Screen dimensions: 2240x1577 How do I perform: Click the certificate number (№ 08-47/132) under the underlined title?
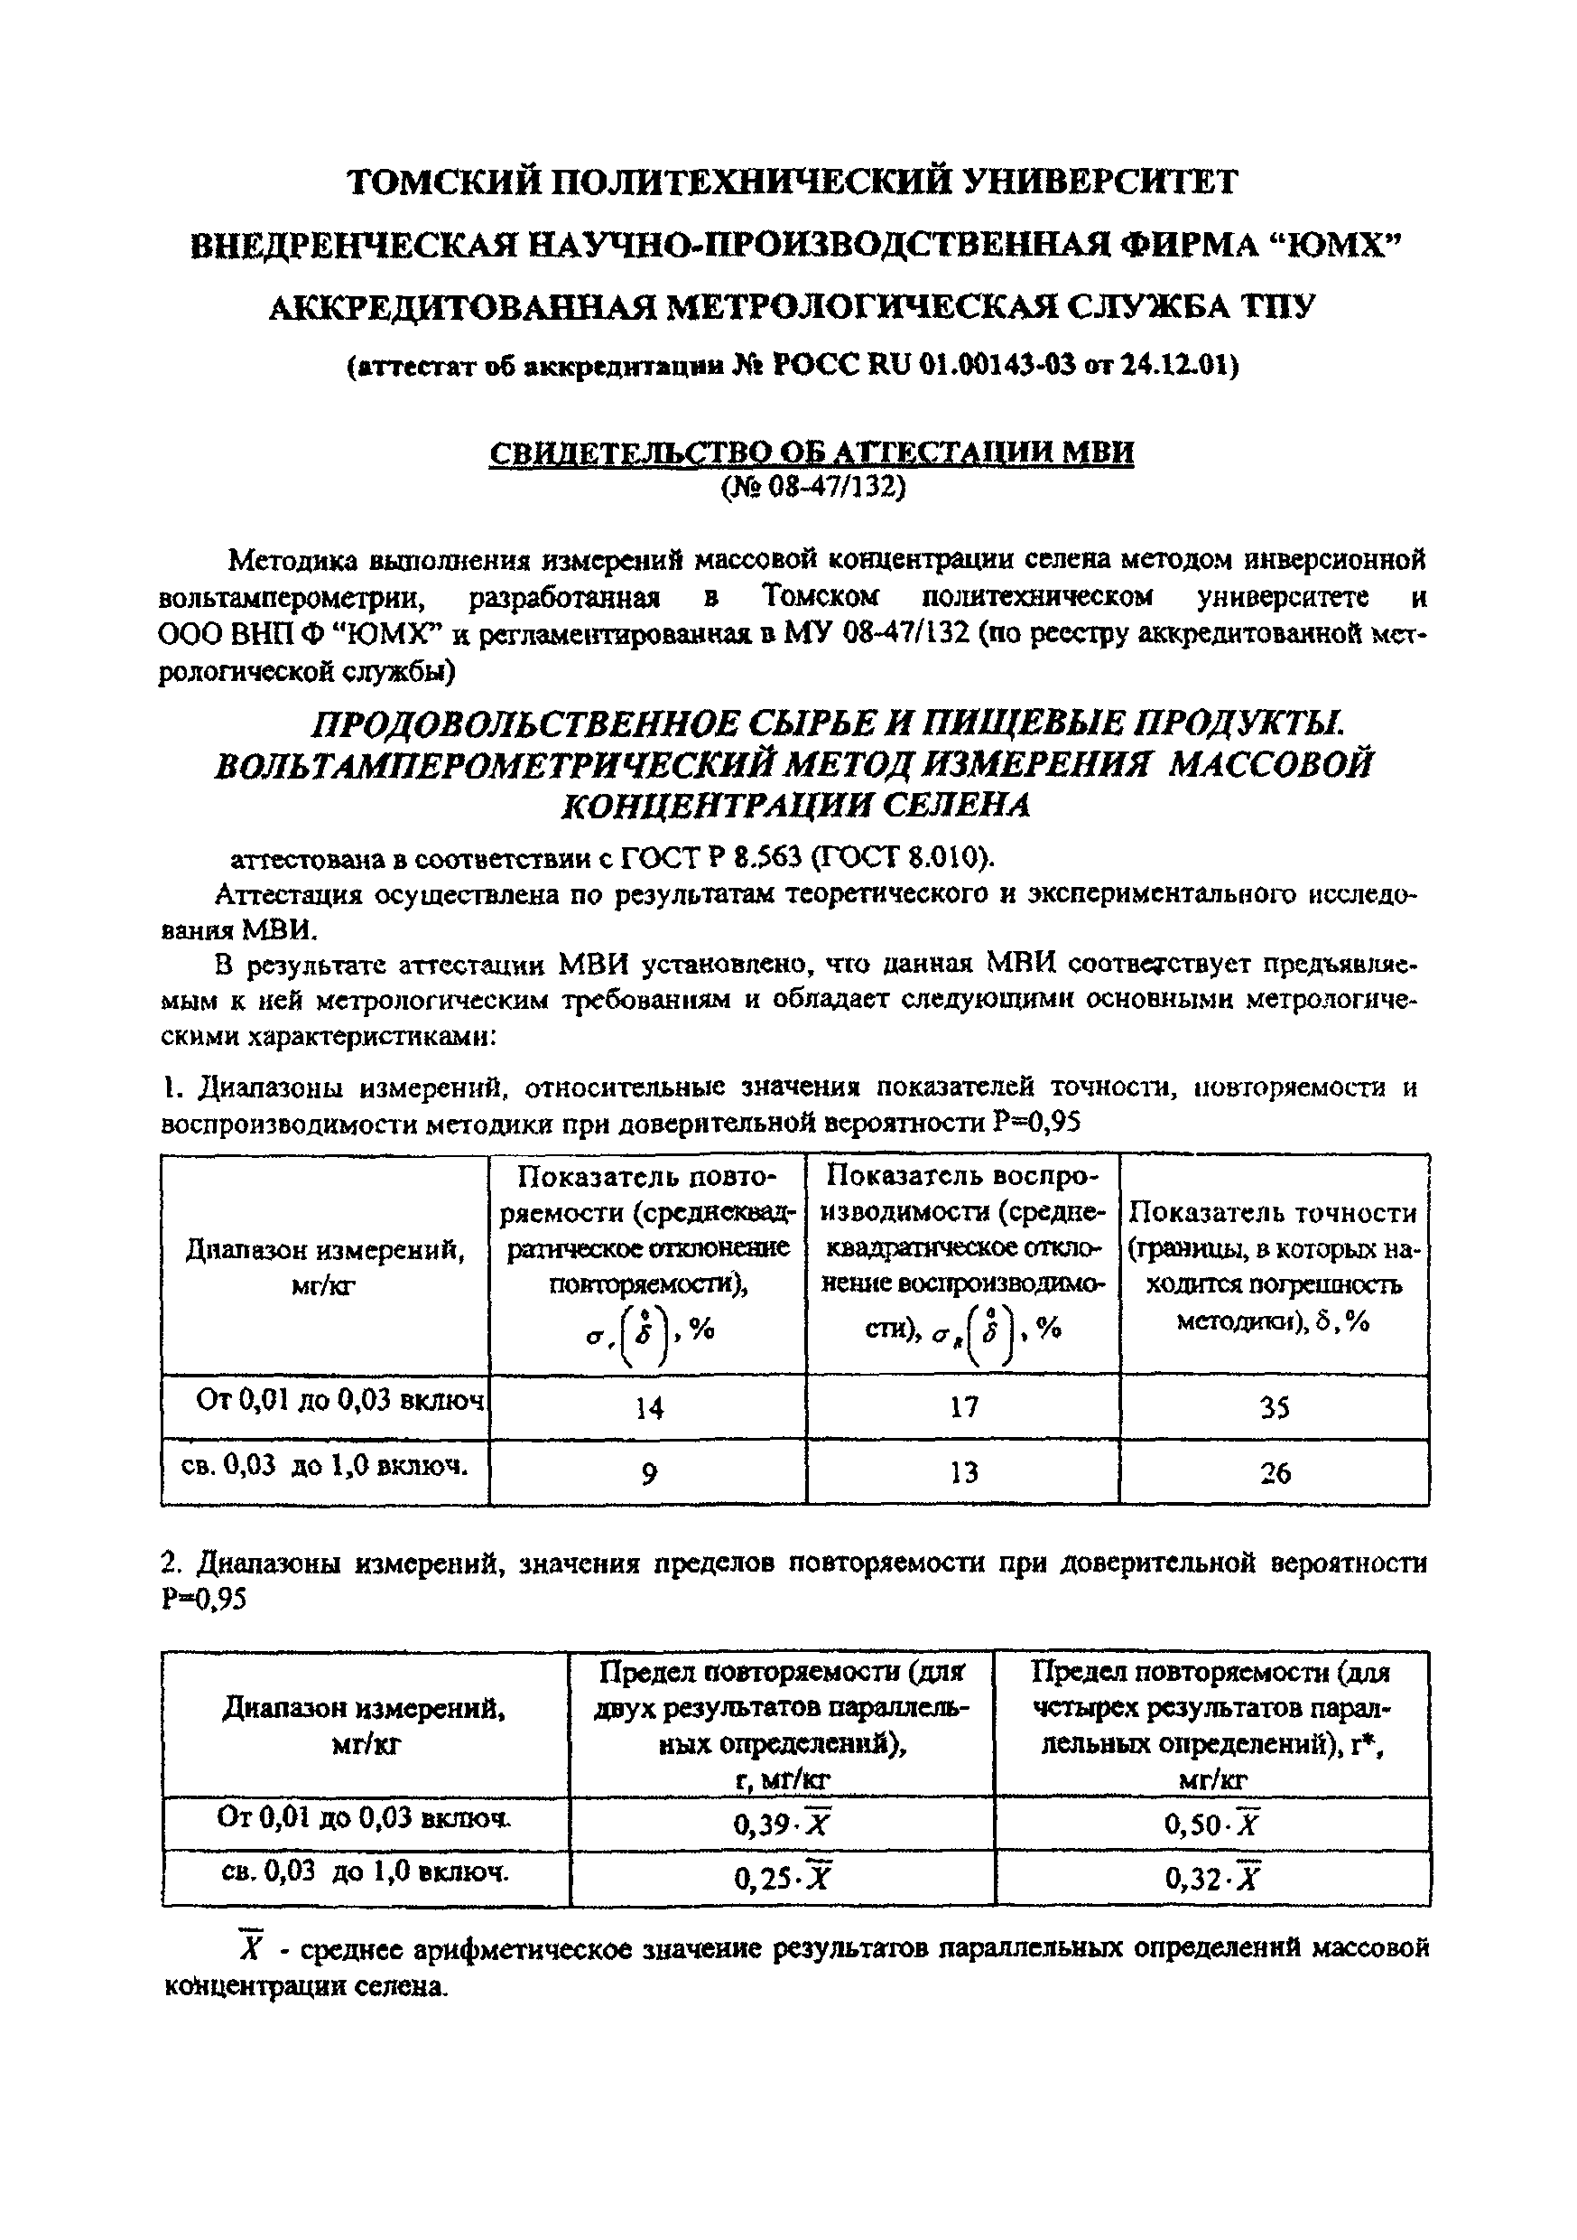(x=812, y=487)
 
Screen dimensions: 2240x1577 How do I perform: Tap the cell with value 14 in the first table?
(x=647, y=1408)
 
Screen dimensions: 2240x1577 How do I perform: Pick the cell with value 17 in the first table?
(x=962, y=1408)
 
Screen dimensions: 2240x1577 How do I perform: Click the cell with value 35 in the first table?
(x=1275, y=1408)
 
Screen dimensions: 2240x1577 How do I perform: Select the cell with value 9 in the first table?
(x=647, y=1473)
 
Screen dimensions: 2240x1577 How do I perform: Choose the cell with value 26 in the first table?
(x=1275, y=1473)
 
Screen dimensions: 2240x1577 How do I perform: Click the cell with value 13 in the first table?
(x=962, y=1473)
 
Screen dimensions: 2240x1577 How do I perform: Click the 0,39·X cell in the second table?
(x=781, y=1825)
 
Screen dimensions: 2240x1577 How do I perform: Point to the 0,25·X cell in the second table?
(x=781, y=1878)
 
